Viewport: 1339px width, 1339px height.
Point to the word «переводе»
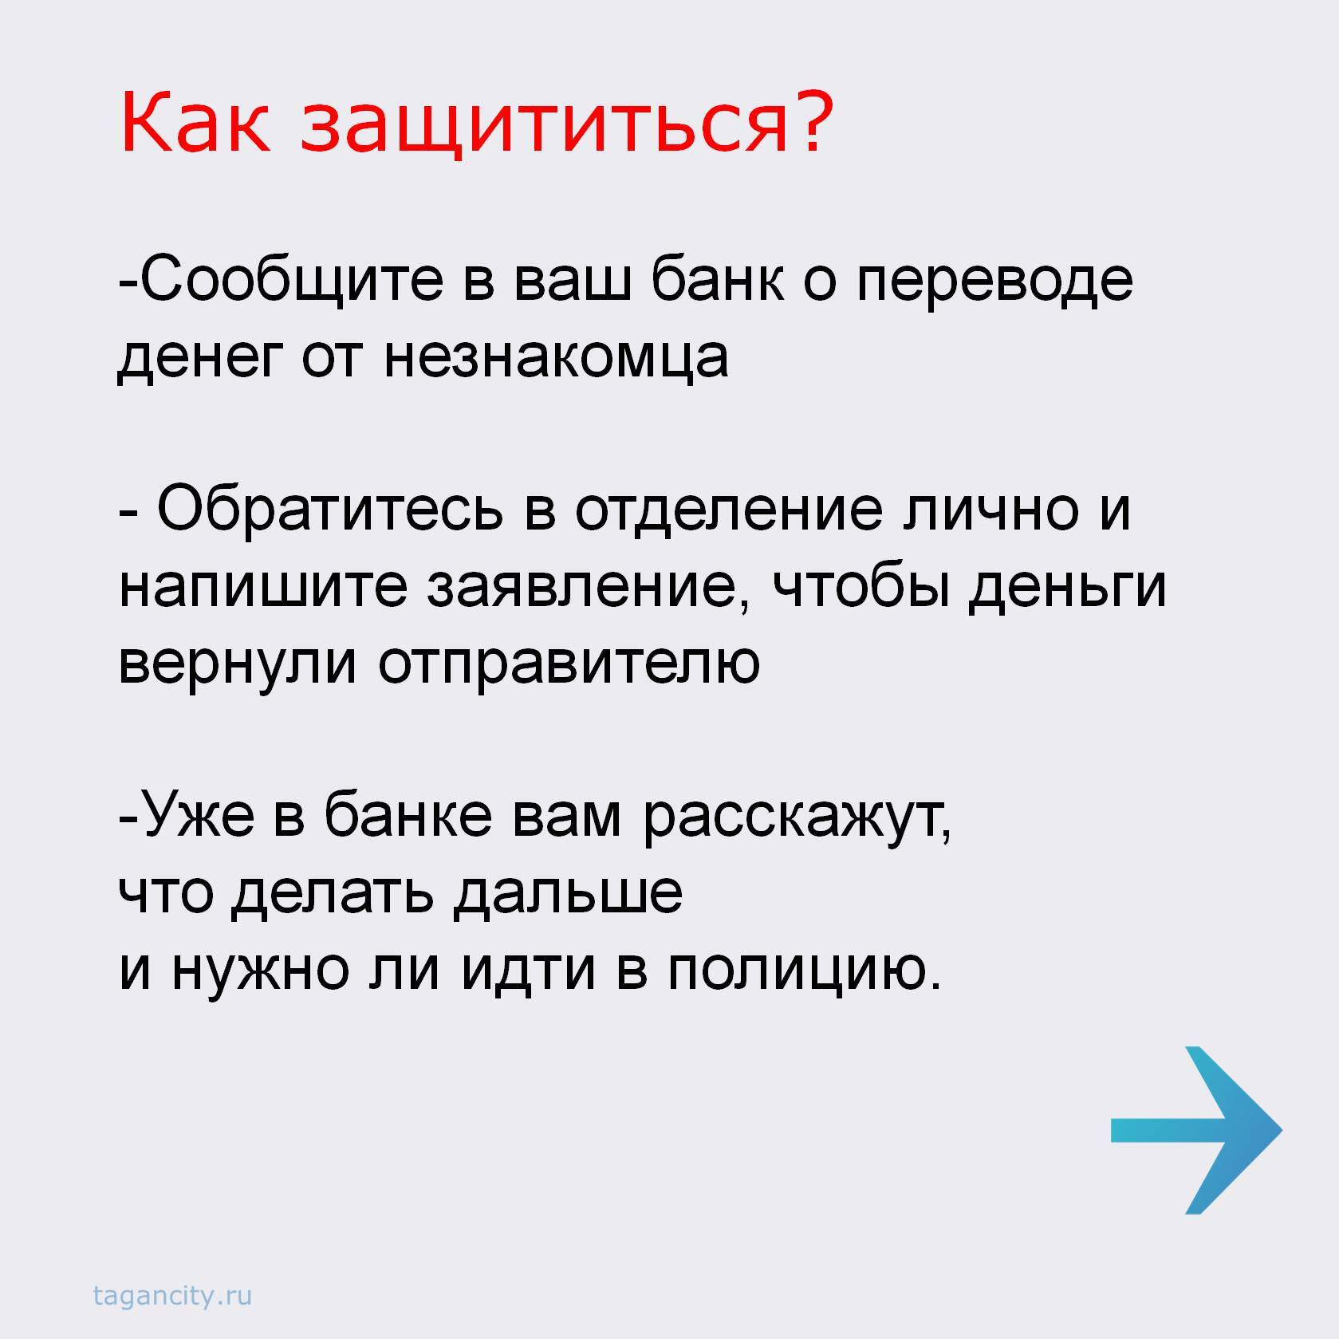click(x=994, y=287)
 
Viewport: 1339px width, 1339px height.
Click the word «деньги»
click(x=1067, y=590)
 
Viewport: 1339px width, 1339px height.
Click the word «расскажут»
click(x=797, y=821)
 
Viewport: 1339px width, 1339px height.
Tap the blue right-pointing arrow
click(x=1196, y=1130)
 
